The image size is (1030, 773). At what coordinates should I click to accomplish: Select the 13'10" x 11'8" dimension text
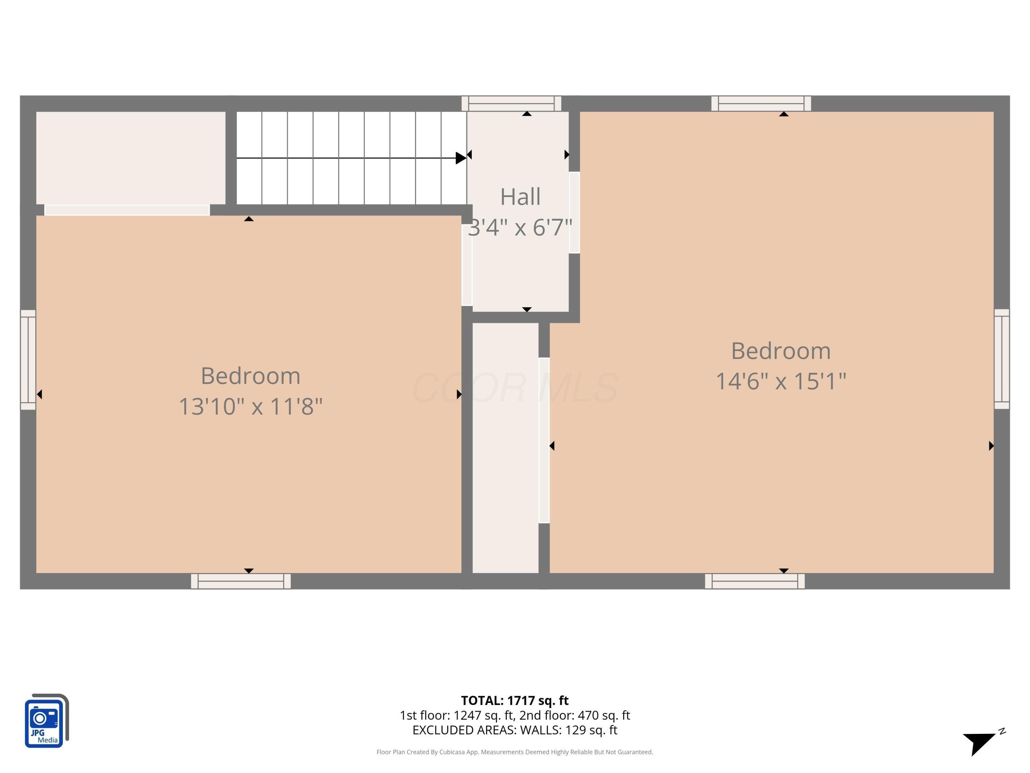pyautogui.click(x=251, y=406)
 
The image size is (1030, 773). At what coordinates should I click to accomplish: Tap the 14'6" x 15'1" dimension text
pyautogui.click(x=781, y=381)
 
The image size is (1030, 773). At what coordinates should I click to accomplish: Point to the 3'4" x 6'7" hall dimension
pyautogui.click(x=520, y=227)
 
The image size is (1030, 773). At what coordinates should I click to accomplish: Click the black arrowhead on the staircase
pyautogui.click(x=460, y=158)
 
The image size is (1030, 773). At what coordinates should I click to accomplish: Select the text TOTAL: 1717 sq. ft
pyautogui.click(x=515, y=700)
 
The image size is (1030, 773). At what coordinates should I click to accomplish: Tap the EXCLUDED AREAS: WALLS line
pyautogui.click(x=515, y=730)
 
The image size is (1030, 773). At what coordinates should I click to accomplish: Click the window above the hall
pyautogui.click(x=511, y=103)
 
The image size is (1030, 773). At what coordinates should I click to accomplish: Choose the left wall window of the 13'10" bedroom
pyautogui.click(x=28, y=360)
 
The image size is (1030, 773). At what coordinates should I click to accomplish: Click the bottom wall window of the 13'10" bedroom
pyautogui.click(x=241, y=581)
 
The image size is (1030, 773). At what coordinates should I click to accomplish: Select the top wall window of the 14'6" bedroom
pyautogui.click(x=761, y=103)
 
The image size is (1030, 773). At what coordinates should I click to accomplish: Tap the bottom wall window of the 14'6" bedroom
pyautogui.click(x=755, y=581)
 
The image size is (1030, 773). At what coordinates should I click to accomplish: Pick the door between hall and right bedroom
pyautogui.click(x=574, y=212)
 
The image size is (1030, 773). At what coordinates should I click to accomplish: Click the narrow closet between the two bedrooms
pyautogui.click(x=506, y=448)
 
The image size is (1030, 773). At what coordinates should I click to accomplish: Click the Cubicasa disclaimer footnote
pyautogui.click(x=515, y=752)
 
